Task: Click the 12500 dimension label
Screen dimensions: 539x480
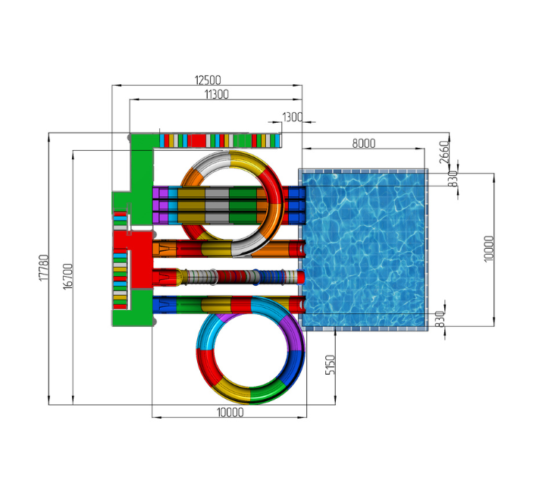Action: pos(208,80)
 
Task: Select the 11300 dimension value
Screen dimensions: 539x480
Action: pos(217,94)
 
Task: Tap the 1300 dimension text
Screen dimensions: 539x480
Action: pos(292,118)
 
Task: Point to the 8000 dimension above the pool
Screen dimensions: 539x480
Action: pos(364,143)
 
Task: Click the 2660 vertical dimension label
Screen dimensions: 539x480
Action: pos(444,152)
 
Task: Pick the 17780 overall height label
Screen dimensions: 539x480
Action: pos(44,268)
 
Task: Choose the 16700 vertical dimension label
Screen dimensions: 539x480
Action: pos(68,277)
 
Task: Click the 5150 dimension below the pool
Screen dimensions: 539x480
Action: pos(330,365)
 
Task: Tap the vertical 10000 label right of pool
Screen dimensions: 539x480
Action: pos(488,249)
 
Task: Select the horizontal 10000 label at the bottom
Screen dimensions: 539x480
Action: pos(230,413)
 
